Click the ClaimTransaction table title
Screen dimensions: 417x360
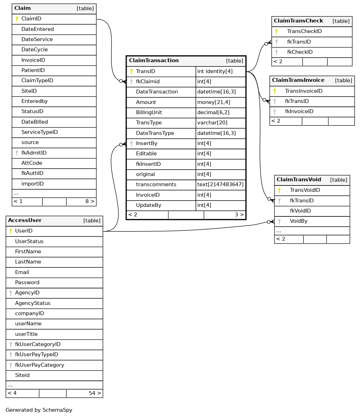(154, 61)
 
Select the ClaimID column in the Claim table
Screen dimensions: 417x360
(31, 19)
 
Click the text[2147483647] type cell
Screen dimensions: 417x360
(220, 185)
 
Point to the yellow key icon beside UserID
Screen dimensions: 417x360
(11, 231)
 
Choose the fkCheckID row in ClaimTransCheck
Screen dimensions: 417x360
(300, 52)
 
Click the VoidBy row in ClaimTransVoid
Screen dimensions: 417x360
(298, 221)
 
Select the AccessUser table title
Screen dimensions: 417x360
(25, 221)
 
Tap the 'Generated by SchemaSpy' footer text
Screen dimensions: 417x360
(39, 410)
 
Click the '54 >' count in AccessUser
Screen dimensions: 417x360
(95, 393)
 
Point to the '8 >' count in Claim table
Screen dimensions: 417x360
(90, 202)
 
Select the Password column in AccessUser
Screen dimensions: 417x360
(27, 283)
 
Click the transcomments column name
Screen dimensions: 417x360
(156, 185)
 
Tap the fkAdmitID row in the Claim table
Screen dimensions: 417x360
(34, 153)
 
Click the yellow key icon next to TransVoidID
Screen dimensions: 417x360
(279, 190)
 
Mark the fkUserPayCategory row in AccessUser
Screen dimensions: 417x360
(39, 365)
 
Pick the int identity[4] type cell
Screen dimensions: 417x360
(215, 72)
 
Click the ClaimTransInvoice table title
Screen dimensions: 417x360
(298, 80)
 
